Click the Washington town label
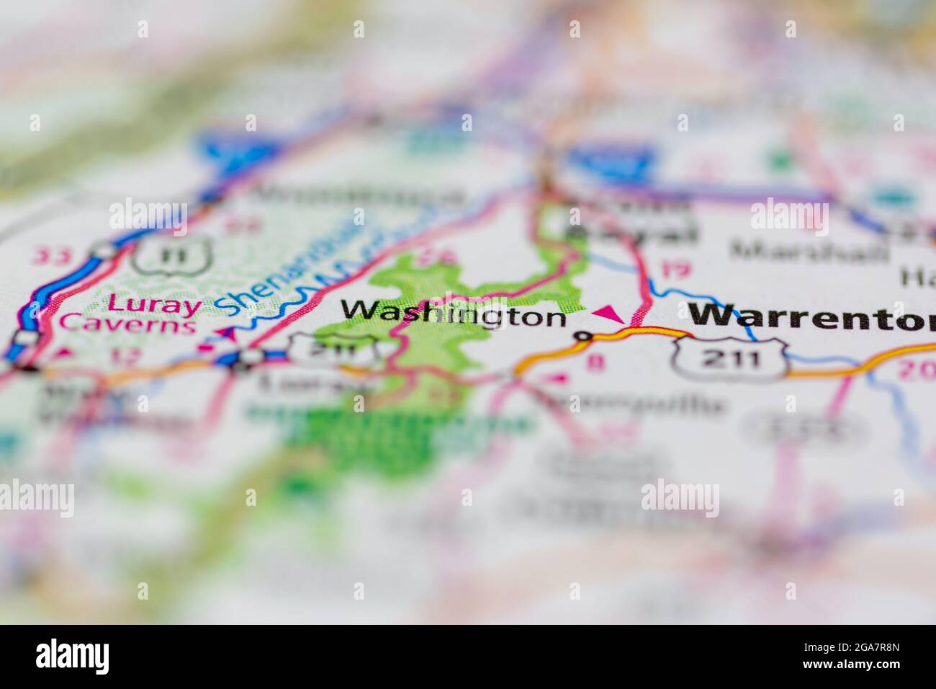pyautogui.click(x=454, y=313)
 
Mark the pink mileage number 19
pyautogui.click(x=674, y=270)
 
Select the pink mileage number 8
pyautogui.click(x=595, y=363)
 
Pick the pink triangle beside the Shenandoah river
pyautogui.click(x=230, y=334)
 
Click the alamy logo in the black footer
pyautogui.click(x=72, y=656)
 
